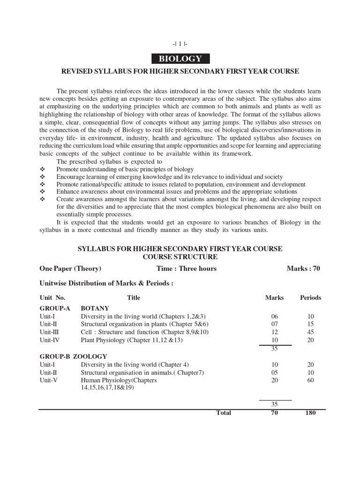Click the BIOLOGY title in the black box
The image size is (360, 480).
pyautogui.click(x=180, y=59)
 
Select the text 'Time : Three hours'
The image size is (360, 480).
pyautogui.click(x=187, y=269)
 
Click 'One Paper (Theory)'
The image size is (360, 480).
pyautogui.click(x=70, y=269)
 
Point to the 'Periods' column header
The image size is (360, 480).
pyautogui.click(x=311, y=298)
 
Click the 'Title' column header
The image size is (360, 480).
pyautogui.click(x=134, y=298)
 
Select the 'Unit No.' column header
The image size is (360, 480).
pyautogui.click(x=52, y=298)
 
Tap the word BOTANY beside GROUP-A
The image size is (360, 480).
pyautogui.click(x=95, y=309)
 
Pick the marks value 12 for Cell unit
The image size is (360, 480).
pyautogui.click(x=275, y=332)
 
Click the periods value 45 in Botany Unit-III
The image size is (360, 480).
pyautogui.click(x=311, y=332)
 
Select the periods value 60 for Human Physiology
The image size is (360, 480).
pyautogui.click(x=311, y=380)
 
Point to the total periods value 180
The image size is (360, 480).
pyautogui.click(x=310, y=413)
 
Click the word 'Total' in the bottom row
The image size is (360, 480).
pyautogui.click(x=223, y=413)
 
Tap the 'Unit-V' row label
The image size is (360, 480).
pyautogui.click(x=48, y=380)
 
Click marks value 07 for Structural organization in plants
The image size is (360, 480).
pyautogui.click(x=275, y=324)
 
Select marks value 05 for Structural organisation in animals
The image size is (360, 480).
pyautogui.click(x=275, y=372)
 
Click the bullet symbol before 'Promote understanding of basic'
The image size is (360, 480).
pyautogui.click(x=42, y=169)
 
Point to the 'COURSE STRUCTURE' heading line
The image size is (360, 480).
pyautogui.click(x=180, y=257)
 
